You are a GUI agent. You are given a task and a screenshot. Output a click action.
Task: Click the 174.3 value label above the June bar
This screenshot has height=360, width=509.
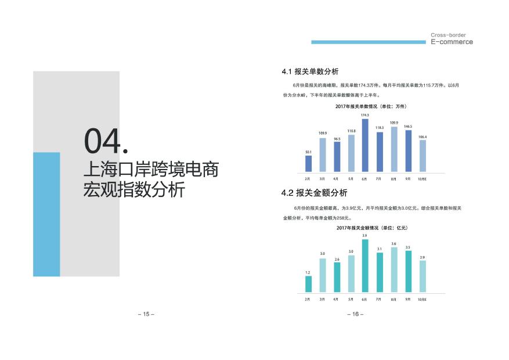tap(364, 115)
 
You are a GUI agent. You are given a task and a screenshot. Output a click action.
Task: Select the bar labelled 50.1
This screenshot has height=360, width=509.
tap(308, 164)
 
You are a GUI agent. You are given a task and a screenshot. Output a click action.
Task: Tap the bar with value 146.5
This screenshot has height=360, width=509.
tap(409, 151)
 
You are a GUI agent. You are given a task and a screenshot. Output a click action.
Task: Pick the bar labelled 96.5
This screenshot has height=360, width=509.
tap(337, 157)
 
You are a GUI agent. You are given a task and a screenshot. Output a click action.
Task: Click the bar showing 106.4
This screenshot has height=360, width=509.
tap(423, 156)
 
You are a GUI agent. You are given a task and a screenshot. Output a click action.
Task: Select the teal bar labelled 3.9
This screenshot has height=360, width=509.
tap(365, 266)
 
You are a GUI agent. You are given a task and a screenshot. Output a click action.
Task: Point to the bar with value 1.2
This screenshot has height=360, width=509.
tap(308, 284)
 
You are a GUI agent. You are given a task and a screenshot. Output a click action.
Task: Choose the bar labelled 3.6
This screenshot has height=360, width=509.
tap(394, 270)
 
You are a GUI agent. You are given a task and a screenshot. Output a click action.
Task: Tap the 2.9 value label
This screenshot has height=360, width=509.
tap(423, 257)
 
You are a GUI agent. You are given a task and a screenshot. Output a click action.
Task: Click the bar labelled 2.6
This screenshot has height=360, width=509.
tap(337, 277)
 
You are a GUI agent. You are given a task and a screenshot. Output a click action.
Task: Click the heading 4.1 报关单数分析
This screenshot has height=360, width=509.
tap(310, 71)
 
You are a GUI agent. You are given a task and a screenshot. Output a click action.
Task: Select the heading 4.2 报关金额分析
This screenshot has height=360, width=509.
tap(314, 193)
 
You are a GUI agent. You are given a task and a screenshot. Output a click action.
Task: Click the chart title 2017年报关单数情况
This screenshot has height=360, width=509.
tap(356, 106)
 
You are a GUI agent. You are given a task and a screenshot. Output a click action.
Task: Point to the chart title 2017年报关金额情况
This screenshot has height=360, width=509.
tap(358, 228)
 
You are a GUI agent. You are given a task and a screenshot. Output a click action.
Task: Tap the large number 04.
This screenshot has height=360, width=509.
tap(106, 141)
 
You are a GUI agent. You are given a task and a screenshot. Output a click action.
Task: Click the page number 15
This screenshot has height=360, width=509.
tap(146, 314)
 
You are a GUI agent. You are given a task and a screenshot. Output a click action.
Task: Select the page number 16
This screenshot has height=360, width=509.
tap(355, 314)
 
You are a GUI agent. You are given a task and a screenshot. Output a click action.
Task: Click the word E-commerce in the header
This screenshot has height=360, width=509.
tap(452, 42)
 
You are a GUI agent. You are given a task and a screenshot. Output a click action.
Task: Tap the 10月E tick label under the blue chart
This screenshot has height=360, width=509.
tap(422, 179)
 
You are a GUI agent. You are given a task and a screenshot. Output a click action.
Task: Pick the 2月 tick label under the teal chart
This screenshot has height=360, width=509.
tap(308, 299)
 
